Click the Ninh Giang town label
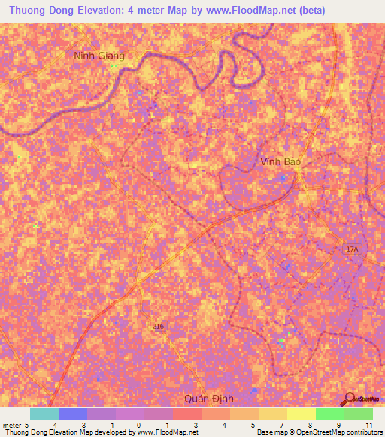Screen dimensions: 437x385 (x=99, y=56)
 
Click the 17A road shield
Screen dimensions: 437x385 (x=353, y=248)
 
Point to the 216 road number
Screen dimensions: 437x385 (x=158, y=327)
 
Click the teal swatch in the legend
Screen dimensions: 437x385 (x=44, y=414)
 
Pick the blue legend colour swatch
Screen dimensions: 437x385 (x=73, y=414)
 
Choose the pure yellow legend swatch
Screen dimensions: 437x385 (x=301, y=414)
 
